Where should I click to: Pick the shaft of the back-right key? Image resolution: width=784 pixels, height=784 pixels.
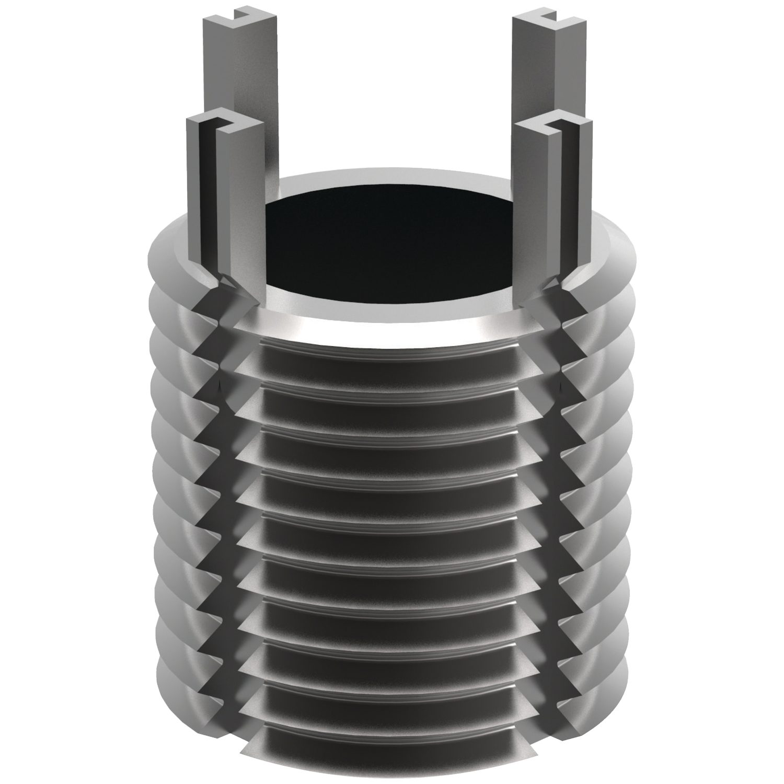click(538, 105)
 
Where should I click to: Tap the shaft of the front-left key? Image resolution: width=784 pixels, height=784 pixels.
click(238, 209)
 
